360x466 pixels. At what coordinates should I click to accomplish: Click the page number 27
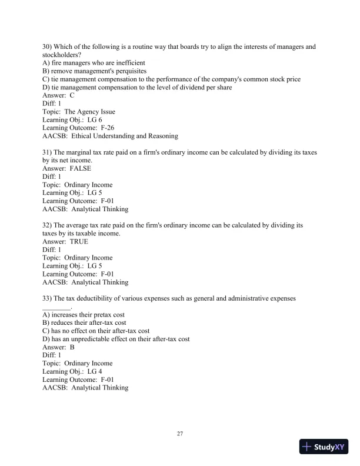pos(180,434)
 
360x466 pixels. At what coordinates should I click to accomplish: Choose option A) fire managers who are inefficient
pos(94,63)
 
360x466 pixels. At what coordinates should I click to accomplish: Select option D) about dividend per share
pos(137,88)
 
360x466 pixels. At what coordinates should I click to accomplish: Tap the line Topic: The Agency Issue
pos(79,111)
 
